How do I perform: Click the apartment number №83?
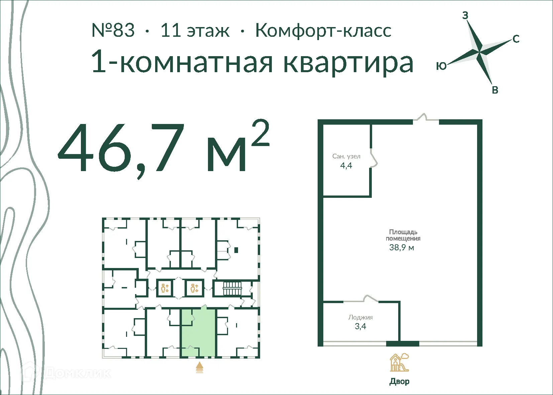[113, 30]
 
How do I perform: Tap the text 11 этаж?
[195, 30]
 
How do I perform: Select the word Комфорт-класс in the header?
[323, 30]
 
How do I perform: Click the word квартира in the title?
[348, 62]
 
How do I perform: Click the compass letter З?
[465, 15]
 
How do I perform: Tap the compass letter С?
[516, 39]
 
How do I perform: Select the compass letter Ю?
[441, 66]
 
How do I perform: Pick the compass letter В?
[495, 90]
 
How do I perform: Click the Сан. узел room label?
[346, 156]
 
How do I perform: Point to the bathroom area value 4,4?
[346, 165]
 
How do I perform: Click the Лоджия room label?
[360, 317]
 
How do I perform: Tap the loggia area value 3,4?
[360, 326]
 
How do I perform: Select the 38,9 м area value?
[402, 248]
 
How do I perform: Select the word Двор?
[399, 381]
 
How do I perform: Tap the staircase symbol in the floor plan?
[232, 288]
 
